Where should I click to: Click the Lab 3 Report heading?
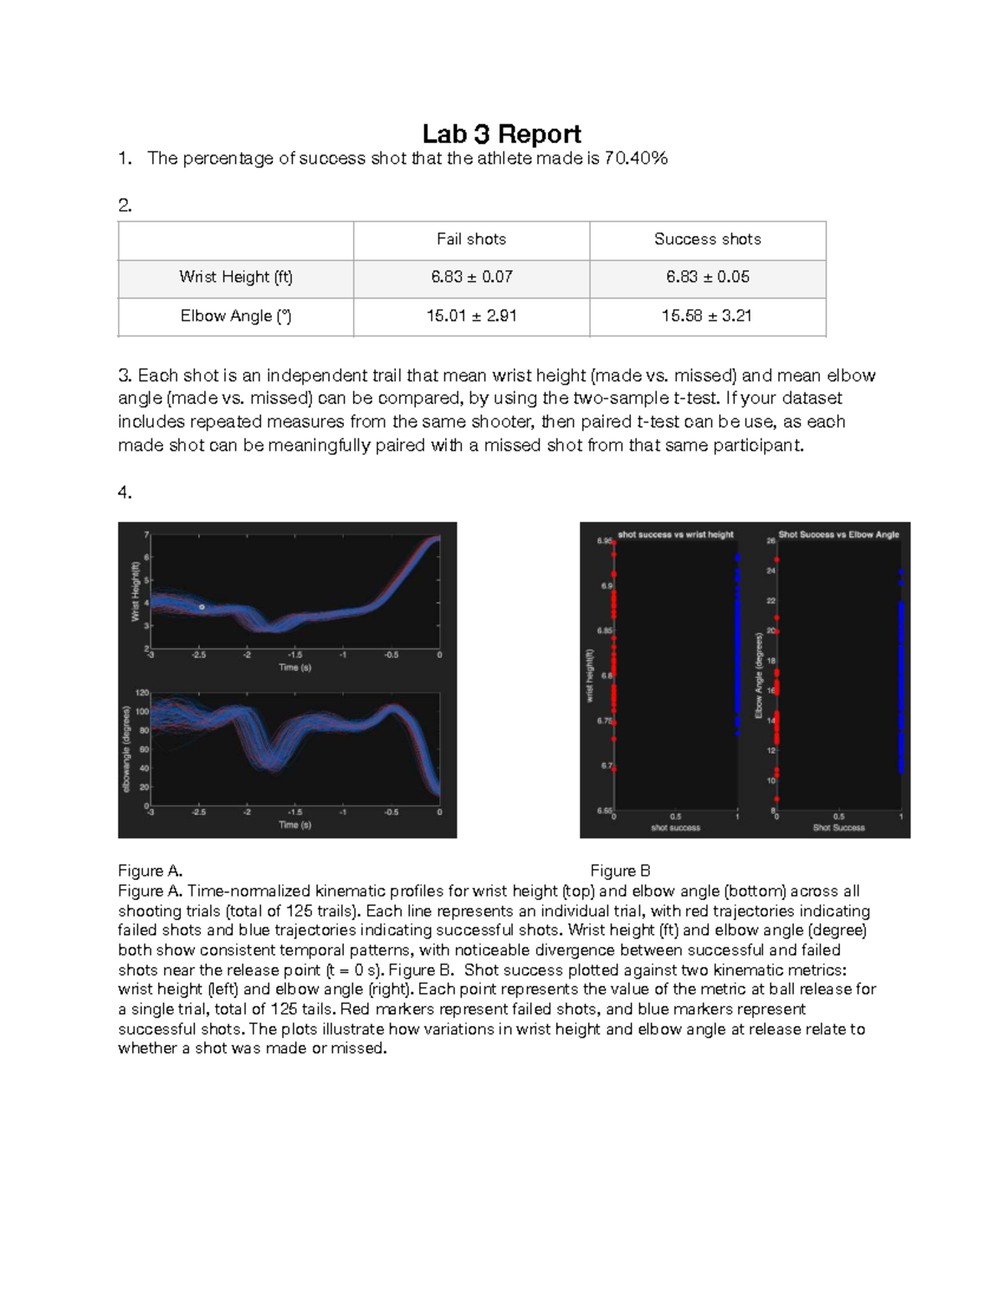coord(501,134)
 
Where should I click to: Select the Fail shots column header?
coord(471,239)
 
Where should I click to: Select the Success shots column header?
coord(707,239)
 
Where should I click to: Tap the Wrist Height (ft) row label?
coord(235,277)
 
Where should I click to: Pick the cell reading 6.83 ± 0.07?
coord(471,277)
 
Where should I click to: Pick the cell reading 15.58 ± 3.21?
coord(707,315)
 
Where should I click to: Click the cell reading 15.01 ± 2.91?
coord(471,315)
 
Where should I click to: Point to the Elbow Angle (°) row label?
coord(235,315)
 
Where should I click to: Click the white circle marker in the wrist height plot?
coord(202,606)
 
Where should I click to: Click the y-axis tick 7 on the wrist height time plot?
coord(147,534)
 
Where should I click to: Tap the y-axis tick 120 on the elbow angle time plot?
coord(142,693)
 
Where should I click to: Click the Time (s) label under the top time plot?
coord(295,667)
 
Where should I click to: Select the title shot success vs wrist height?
coord(675,534)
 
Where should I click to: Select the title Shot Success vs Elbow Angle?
coord(838,534)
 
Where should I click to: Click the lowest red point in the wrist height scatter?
coord(614,769)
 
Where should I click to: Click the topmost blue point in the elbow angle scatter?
coord(901,572)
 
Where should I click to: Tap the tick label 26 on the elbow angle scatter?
coord(771,541)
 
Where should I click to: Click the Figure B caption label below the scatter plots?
coord(620,871)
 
